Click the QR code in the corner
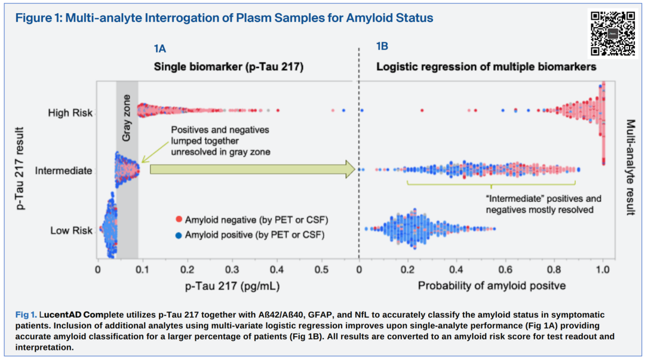pyautogui.click(x=612, y=33)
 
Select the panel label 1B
pyautogui.click(x=382, y=47)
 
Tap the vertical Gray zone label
pyautogui.click(x=127, y=118)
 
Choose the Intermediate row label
pyautogui.click(x=64, y=171)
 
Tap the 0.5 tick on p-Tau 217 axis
pyautogui.click(x=322, y=270)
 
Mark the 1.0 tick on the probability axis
pyautogui.click(x=603, y=270)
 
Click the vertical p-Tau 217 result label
pyautogui.click(x=21, y=168)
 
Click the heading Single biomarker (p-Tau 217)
pyautogui.click(x=229, y=67)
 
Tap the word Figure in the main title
pyautogui.click(x=33, y=19)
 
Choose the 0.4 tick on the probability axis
pyautogui.click(x=457, y=270)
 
